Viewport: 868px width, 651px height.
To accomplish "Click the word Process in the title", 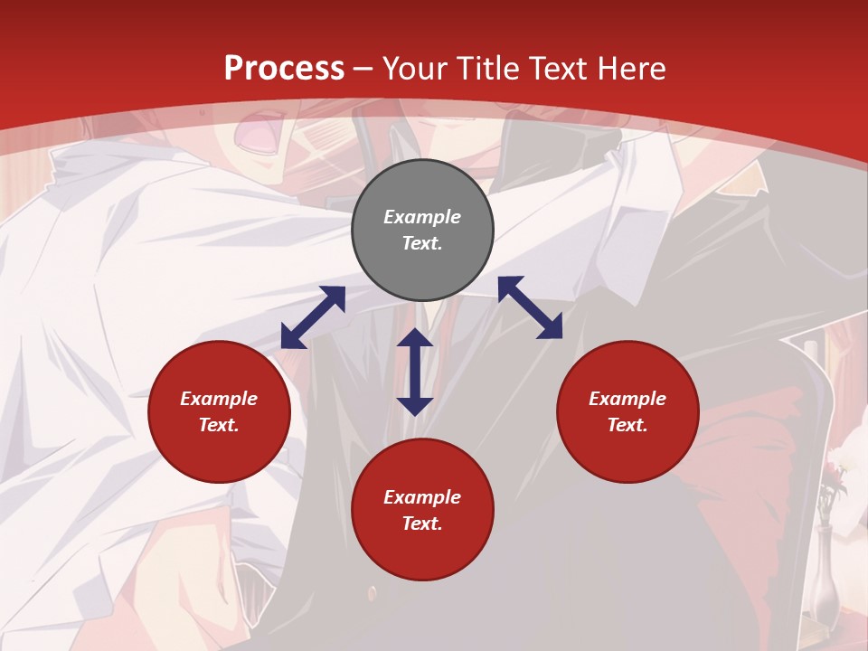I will (284, 68).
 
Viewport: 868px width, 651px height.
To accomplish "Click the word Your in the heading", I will (417, 68).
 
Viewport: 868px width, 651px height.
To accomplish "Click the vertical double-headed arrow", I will (415, 372).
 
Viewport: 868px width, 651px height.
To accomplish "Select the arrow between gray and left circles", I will (313, 317).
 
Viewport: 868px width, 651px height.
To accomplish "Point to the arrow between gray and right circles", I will (530, 307).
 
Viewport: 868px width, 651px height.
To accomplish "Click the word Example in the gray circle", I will (422, 217).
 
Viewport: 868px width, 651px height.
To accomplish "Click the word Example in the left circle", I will (219, 399).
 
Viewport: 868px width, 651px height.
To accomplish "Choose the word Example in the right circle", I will (627, 399).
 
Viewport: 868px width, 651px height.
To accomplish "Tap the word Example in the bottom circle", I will (422, 497).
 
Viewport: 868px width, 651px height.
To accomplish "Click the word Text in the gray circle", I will (422, 243).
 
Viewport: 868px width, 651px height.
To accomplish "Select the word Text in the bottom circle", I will (422, 524).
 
